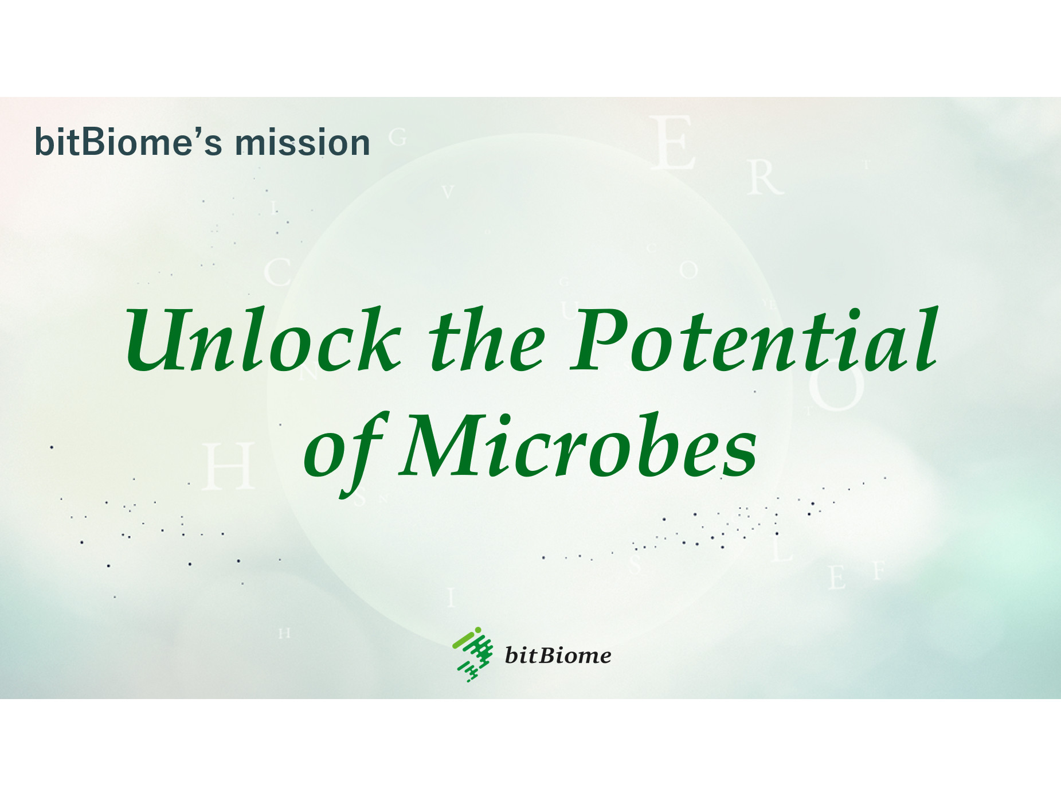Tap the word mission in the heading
303,142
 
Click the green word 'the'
487,340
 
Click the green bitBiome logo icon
473,654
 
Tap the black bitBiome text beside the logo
558,655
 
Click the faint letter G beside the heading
397,138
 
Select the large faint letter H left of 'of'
229,466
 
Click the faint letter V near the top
448,192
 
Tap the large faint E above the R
673,142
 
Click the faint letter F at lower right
879,571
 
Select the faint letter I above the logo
451,598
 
